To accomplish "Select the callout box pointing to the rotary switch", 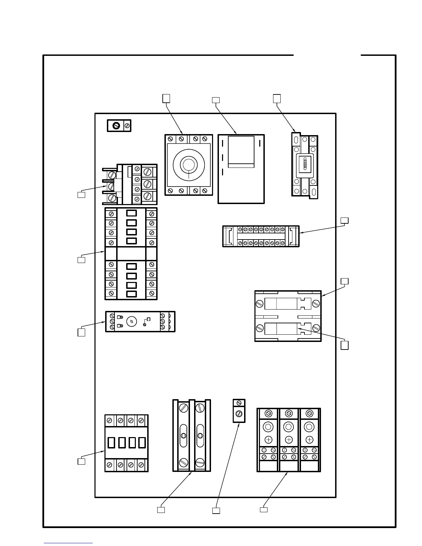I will coord(166,99).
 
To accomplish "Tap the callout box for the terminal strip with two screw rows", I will coord(344,221).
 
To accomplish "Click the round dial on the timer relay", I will coord(131,322).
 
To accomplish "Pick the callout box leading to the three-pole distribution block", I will coord(263,509).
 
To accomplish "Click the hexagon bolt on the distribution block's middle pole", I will coord(289,427).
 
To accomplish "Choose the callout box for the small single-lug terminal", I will coord(216,510).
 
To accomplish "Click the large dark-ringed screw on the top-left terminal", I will coord(116,126).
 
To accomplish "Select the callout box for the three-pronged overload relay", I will coord(81,195).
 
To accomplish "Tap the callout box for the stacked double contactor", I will coord(81,260).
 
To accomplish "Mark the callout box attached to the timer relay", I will coord(81,332).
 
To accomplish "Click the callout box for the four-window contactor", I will coord(81,461).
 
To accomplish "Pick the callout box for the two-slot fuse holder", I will coord(161,509).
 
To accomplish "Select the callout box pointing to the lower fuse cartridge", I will coord(344,345).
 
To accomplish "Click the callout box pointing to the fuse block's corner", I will coord(344,281).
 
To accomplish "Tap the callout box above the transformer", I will coord(215,100).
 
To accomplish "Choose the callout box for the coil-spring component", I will coord(277,99).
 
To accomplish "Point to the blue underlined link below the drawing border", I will coord(68,543).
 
